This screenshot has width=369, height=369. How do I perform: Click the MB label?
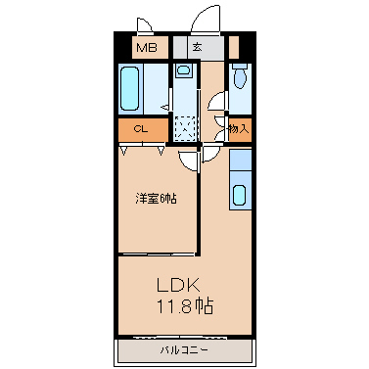coord(147,48)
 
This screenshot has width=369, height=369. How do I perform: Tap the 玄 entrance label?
coord(198,47)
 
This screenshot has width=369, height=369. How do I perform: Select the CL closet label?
coord(141,129)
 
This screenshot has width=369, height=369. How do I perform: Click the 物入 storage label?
coord(239,129)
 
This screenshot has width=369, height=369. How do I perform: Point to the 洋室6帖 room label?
coord(157,199)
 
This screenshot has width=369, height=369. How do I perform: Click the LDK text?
coord(178,285)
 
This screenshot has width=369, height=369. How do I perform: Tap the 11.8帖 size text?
coord(185,306)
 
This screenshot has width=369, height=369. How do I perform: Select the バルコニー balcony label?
coord(184,350)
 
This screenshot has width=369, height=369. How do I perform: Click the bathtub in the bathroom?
coord(129,88)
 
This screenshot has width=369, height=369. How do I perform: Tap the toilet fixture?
coord(241,75)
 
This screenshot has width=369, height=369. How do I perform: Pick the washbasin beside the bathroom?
coord(183,70)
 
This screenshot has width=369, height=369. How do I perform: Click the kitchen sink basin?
coord(240,195)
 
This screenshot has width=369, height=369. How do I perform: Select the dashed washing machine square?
coord(185,128)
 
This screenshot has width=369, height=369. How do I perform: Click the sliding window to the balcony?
coord(180,337)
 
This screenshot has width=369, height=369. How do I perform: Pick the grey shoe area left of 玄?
coord(180,48)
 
